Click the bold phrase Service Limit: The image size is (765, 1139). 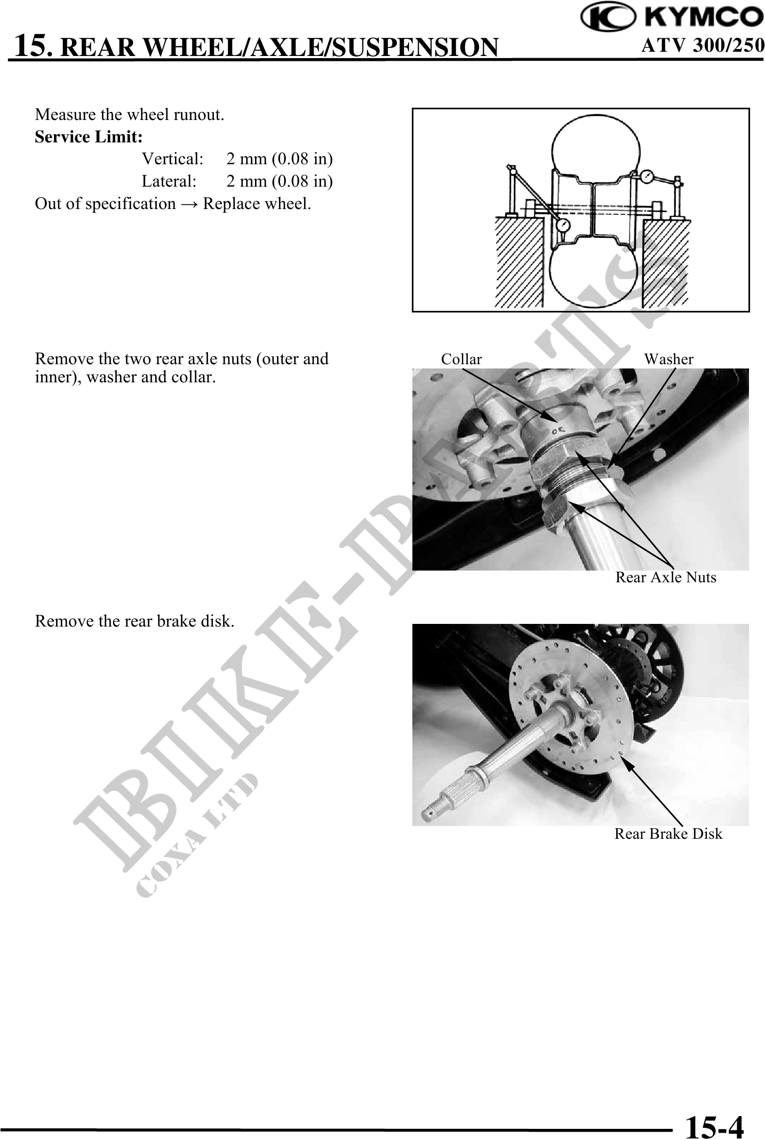[x=89, y=137]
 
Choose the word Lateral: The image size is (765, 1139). [x=169, y=181]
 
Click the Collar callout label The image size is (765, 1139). [x=461, y=359]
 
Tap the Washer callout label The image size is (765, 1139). [x=669, y=359]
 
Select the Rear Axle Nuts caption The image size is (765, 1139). [x=666, y=577]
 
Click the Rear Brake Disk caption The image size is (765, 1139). [x=668, y=834]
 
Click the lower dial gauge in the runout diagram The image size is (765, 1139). [x=562, y=226]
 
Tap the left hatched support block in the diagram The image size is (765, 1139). [x=519, y=261]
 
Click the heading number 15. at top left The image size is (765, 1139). [x=33, y=45]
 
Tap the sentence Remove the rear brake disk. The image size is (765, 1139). [x=134, y=621]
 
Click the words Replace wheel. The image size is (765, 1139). [x=257, y=204]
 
